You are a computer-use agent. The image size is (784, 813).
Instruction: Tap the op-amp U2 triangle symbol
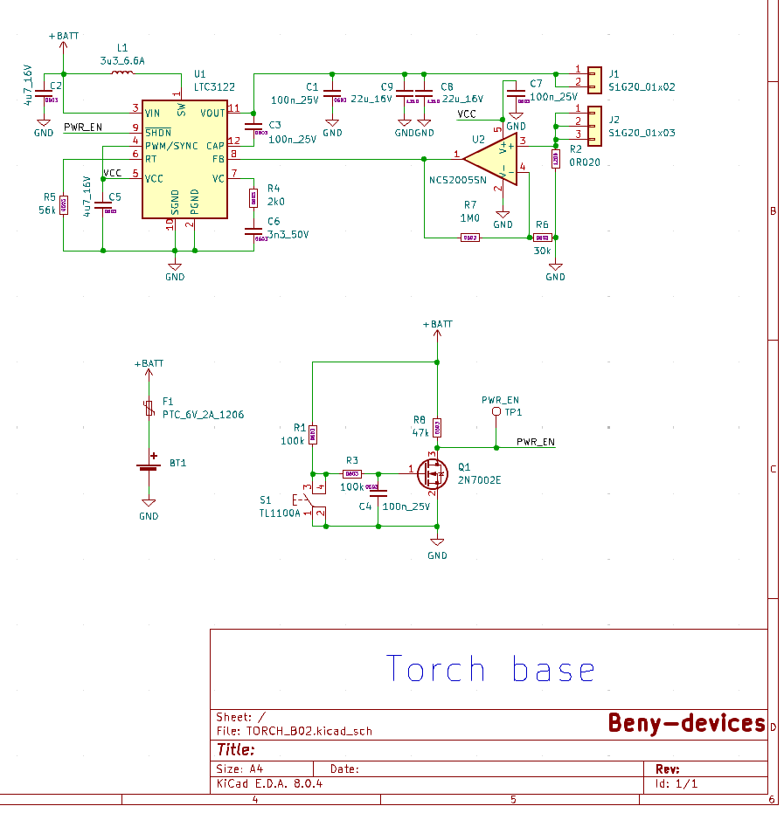click(x=489, y=158)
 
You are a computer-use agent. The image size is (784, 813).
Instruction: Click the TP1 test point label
click(x=513, y=412)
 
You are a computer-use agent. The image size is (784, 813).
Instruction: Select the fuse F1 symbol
click(x=149, y=408)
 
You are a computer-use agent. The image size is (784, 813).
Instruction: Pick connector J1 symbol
click(x=593, y=78)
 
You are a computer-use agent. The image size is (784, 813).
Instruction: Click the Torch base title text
click(x=490, y=671)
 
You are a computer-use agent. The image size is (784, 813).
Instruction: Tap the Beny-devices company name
click(x=686, y=723)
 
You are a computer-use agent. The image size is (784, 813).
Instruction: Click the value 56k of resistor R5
click(x=47, y=210)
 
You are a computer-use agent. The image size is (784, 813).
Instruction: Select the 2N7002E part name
click(x=480, y=480)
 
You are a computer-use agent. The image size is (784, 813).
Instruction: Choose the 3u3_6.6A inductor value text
click(x=122, y=60)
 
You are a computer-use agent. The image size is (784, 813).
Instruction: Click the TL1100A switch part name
click(x=280, y=513)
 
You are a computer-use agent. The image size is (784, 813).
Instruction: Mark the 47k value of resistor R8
click(x=420, y=432)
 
